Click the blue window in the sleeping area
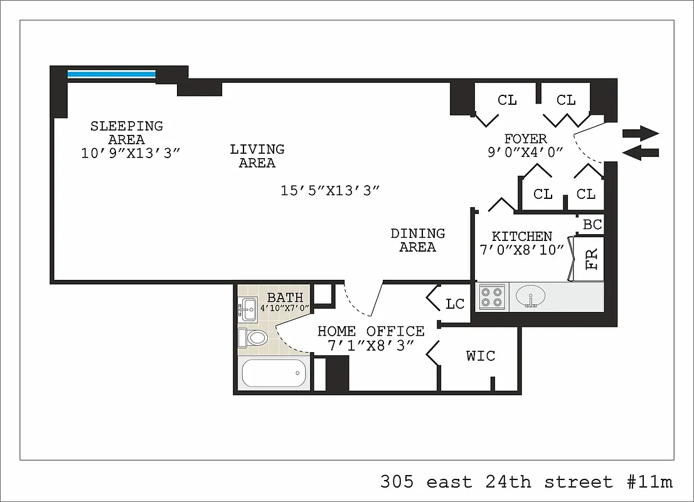click(111, 74)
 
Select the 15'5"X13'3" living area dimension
click(330, 191)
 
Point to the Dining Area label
click(417, 240)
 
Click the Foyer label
click(525, 139)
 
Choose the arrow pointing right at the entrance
click(640, 133)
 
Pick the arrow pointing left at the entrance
click(640, 152)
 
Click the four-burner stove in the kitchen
click(491, 296)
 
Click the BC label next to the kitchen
click(592, 225)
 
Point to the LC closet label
click(455, 304)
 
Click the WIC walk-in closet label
click(481, 356)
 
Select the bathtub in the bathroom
click(274, 373)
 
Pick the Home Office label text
click(370, 331)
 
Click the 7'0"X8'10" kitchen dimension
click(521, 250)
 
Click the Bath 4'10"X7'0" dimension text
click(285, 308)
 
